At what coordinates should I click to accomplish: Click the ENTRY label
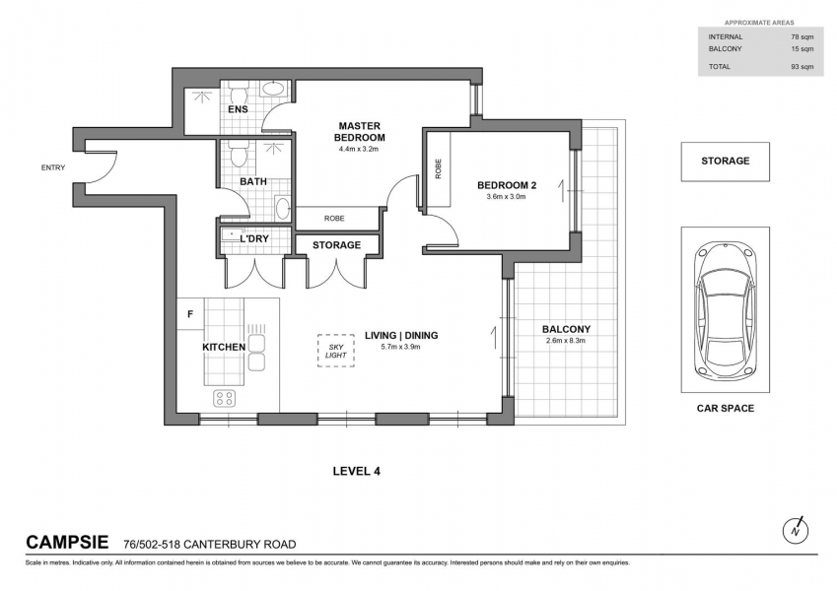pos(53,167)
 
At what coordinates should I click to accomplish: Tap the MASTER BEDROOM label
pos(359,131)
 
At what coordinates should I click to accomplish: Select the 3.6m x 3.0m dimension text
pos(506,196)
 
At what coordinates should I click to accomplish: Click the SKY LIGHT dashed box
pos(336,351)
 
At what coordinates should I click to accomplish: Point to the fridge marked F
pos(190,314)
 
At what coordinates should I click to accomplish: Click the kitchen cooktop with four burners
pos(224,398)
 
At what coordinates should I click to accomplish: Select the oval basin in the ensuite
pos(275,89)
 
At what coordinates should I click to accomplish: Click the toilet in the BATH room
pos(238,153)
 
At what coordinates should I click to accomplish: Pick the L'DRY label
pos(254,239)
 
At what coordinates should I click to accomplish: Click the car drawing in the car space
pos(725,309)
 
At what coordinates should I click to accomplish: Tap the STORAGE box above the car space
pos(725,162)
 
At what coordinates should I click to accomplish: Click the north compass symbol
pos(796,531)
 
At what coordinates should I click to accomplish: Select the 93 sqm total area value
pos(802,67)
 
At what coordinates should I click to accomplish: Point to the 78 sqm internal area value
pos(802,36)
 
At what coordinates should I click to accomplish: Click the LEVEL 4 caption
pos(357,471)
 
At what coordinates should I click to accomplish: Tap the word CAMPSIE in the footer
pos(67,543)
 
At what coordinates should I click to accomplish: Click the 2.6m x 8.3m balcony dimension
pos(566,340)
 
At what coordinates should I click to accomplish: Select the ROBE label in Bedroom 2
pos(439,168)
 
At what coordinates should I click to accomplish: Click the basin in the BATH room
pos(282,208)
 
